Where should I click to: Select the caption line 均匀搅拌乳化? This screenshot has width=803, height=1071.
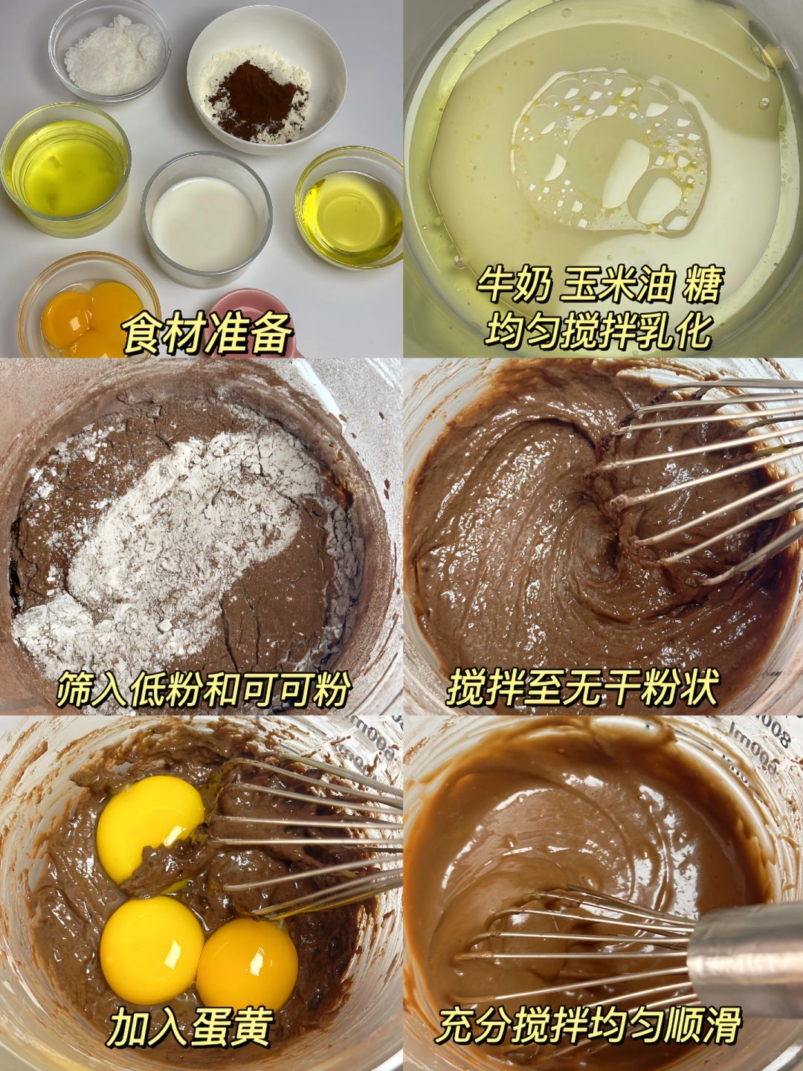(x=597, y=329)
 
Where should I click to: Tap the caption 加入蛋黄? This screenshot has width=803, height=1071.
(x=190, y=1029)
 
